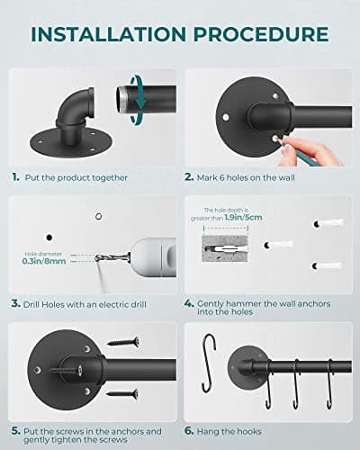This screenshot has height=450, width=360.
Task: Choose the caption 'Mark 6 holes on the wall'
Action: coord(263,178)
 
